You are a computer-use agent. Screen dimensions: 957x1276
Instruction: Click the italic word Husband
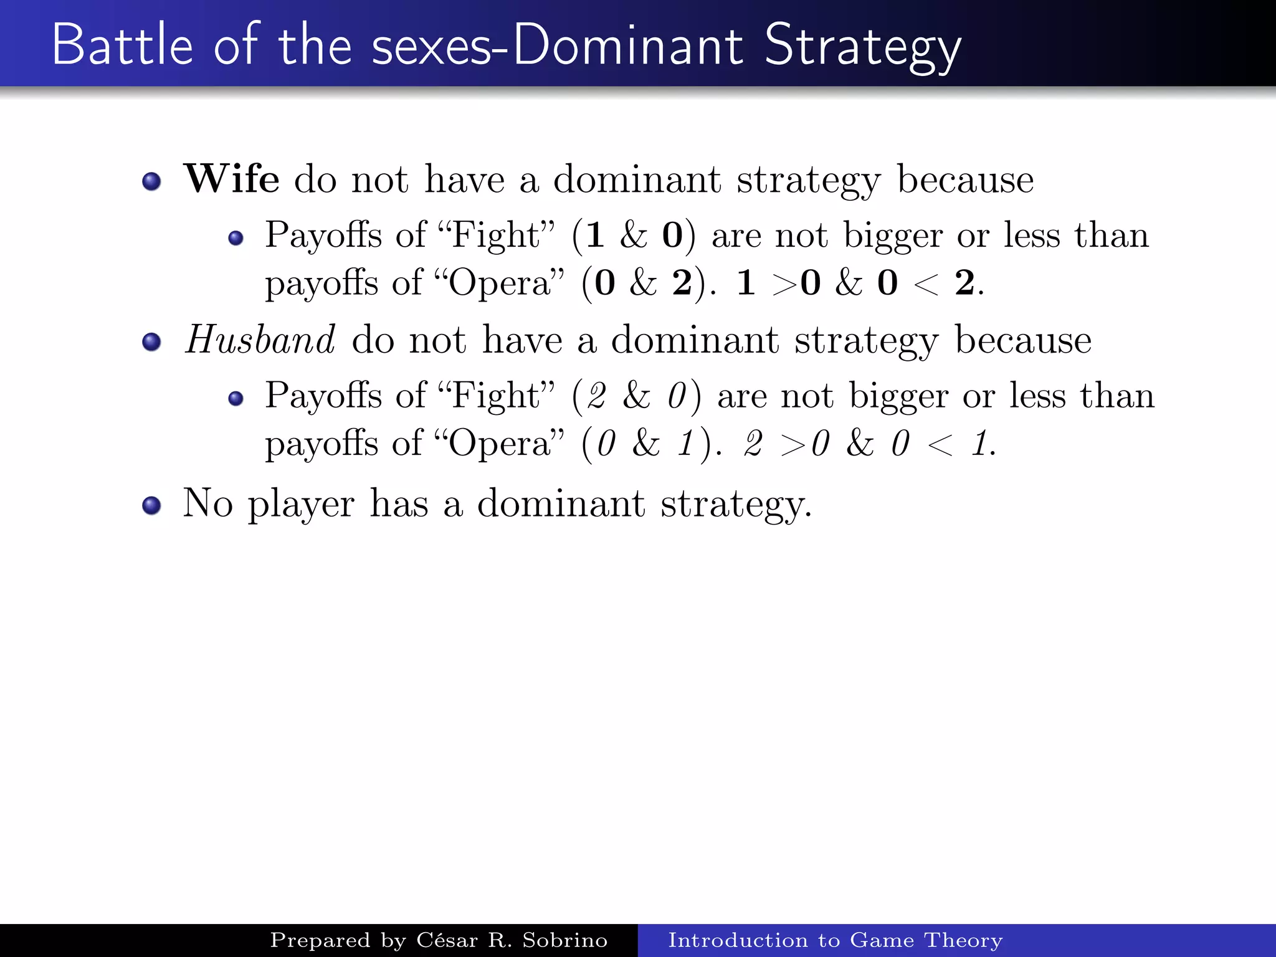click(260, 340)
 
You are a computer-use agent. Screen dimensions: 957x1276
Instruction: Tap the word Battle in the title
click(122, 45)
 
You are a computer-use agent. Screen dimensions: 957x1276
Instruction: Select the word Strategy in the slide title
click(862, 46)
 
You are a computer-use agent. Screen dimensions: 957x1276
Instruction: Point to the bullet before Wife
click(151, 181)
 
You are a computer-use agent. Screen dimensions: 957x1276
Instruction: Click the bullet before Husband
click(151, 342)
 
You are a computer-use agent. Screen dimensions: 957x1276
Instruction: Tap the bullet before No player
click(151, 505)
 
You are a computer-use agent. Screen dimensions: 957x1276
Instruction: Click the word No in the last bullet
click(207, 503)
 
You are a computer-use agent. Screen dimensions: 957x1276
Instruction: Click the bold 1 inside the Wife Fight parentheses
click(595, 236)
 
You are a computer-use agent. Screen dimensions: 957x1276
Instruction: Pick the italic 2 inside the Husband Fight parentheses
click(597, 396)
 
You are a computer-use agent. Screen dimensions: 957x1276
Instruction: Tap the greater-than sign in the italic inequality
click(793, 445)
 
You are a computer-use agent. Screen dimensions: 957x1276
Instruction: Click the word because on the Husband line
click(1023, 340)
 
